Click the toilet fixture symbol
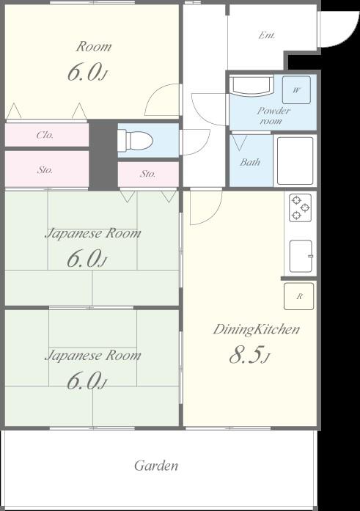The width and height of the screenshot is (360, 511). tap(135, 140)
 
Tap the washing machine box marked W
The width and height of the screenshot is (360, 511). tap(296, 89)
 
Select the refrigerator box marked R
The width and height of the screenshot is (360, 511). tap(298, 296)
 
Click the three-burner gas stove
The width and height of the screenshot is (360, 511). tap(300, 207)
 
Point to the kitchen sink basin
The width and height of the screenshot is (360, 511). tap(301, 256)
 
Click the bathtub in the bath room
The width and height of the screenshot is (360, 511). tap(295, 161)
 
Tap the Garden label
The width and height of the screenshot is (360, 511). tap(156, 466)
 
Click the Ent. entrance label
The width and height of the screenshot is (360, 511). tap(267, 35)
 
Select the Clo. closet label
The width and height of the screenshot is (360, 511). tap(45, 135)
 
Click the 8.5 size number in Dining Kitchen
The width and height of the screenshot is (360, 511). tap(246, 355)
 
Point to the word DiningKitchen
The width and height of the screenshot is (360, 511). tap(257, 329)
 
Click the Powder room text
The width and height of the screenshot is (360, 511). tap(273, 116)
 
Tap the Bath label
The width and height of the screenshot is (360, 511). tap(250, 162)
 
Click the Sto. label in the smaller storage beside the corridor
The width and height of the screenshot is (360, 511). tap(147, 174)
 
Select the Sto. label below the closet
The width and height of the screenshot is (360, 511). tap(45, 170)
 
